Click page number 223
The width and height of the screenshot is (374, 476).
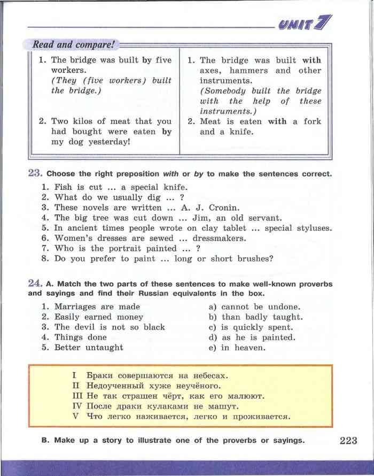(x=347, y=441)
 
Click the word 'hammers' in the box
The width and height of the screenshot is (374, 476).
(x=250, y=71)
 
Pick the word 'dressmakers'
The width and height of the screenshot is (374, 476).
(x=220, y=238)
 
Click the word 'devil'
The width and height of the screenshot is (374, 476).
(x=82, y=327)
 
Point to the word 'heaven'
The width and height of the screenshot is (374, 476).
(x=250, y=347)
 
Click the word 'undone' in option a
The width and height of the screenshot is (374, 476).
(x=283, y=306)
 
